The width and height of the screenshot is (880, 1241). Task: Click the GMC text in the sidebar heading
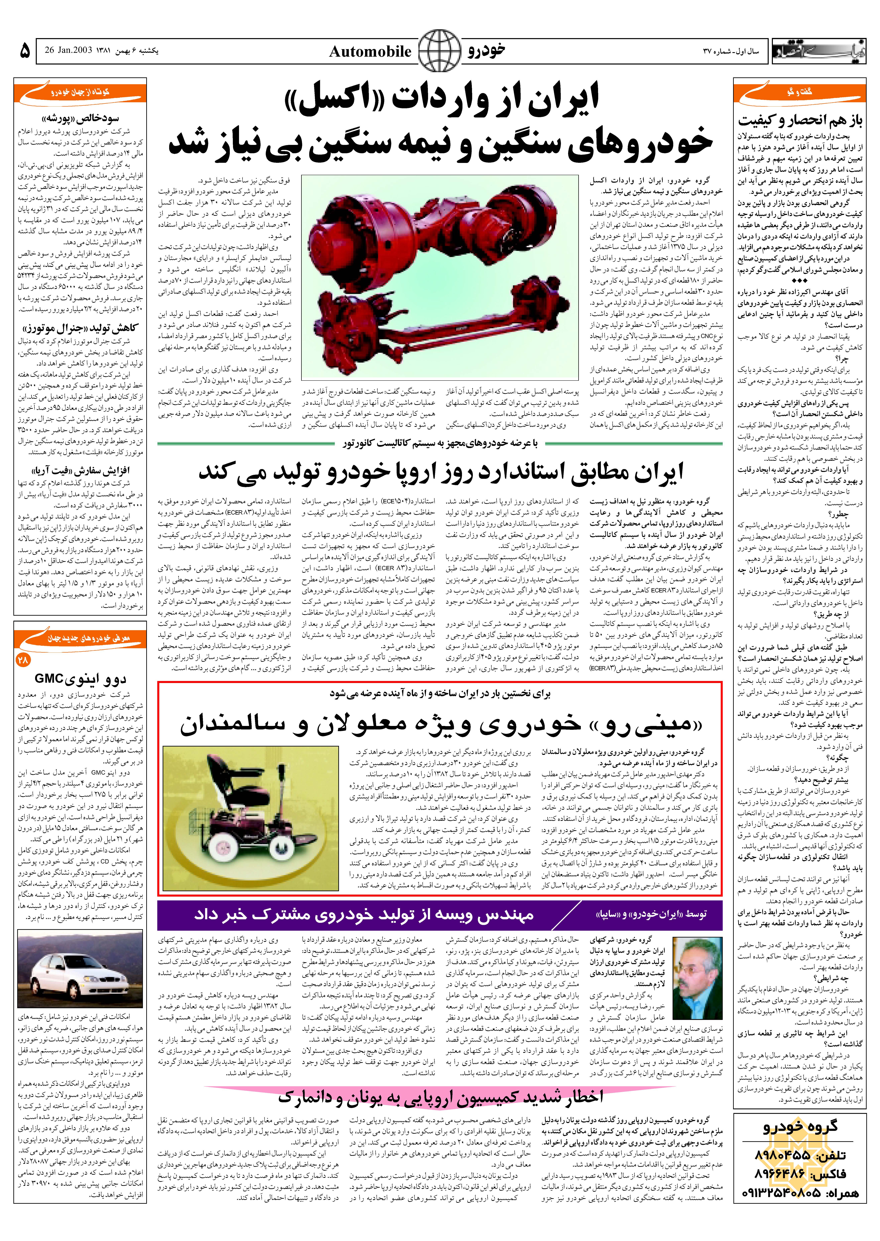point(48,679)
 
